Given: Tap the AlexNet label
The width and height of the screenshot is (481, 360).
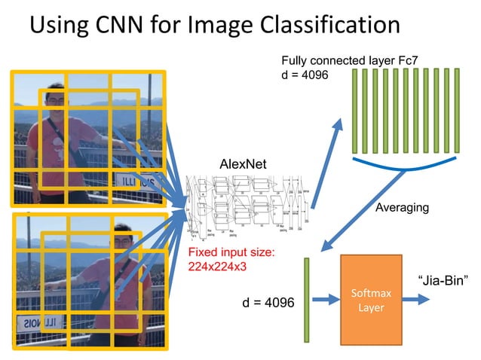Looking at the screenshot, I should coord(243,163).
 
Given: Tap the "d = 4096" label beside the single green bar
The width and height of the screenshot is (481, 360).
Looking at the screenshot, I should coord(268,302).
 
